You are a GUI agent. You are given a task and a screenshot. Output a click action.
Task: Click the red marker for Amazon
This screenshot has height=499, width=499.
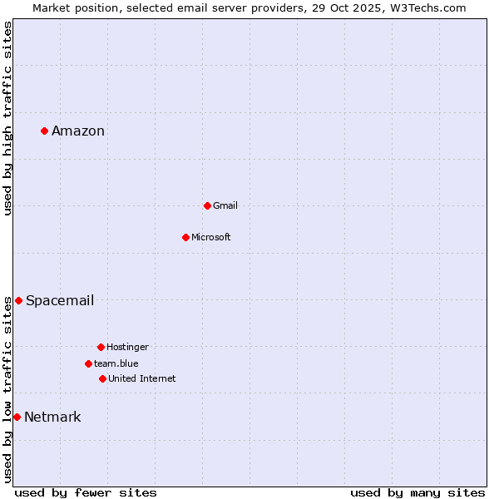tap(44, 131)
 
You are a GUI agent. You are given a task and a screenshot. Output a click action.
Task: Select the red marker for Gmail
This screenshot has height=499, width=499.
tap(207, 205)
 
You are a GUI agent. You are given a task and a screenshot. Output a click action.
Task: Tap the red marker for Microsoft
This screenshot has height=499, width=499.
tap(185, 237)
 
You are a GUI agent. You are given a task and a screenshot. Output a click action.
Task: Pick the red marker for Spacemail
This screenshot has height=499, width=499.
tap(18, 300)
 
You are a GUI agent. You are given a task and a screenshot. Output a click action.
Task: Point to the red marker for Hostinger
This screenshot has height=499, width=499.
tap(101, 347)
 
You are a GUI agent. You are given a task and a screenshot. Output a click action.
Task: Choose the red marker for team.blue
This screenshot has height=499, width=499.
tap(88, 363)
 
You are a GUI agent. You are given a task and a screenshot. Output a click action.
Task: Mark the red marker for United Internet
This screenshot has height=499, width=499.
tap(102, 378)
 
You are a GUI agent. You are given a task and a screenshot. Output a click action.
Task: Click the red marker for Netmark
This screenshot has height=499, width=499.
tap(17, 417)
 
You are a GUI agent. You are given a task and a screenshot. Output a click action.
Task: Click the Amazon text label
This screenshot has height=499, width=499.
tap(78, 131)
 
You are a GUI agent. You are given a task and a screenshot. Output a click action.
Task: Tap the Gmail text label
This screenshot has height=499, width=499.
tap(225, 205)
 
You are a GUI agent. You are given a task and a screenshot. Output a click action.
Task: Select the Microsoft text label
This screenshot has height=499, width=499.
tap(211, 237)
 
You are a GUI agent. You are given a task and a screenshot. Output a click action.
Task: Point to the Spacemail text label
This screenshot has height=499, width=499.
tap(60, 300)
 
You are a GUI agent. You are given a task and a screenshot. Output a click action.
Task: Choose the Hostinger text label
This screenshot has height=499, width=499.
tap(127, 347)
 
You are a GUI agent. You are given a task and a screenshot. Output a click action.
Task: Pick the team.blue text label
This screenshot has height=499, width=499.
tap(116, 363)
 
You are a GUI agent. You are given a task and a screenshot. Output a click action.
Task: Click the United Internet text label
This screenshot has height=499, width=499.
tap(142, 378)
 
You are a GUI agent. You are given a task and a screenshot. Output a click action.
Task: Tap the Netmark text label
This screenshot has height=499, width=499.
tap(52, 417)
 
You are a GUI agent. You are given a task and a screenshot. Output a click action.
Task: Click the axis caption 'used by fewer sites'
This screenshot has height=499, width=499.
tap(86, 492)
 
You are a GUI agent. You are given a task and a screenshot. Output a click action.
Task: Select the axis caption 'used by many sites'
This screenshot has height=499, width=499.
tap(417, 492)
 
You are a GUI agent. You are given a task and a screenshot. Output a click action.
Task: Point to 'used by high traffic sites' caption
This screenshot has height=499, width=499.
tap(7, 118)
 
